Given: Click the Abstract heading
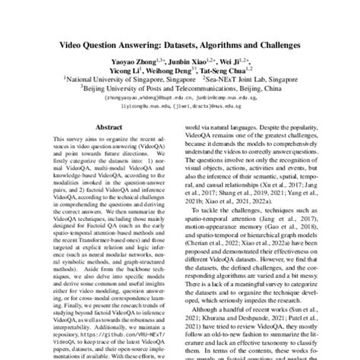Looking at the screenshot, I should [x=106, y=131].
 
